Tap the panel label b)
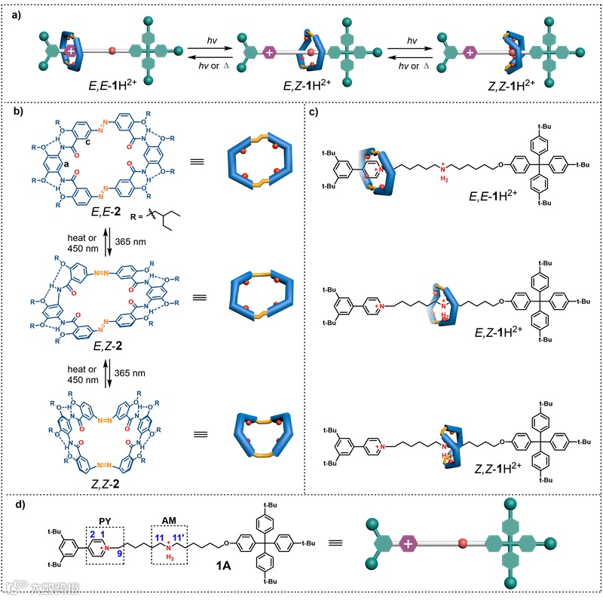[14, 113]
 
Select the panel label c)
[314, 113]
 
